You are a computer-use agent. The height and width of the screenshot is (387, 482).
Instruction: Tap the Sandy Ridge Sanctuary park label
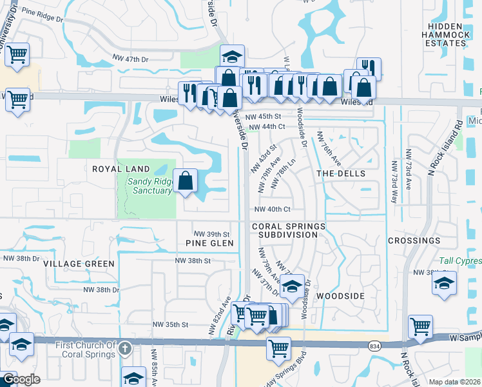[x=149, y=186]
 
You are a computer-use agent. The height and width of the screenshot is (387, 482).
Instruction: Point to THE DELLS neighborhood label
[x=341, y=174]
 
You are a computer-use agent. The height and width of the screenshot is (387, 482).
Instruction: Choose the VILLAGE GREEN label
[x=79, y=264]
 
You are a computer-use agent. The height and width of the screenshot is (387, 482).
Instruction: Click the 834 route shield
[x=375, y=346]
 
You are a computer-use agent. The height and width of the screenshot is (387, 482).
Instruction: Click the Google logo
[x=21, y=379]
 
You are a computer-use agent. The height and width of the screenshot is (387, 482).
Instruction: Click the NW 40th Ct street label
[x=273, y=210]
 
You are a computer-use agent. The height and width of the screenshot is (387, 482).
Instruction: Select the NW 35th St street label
[x=170, y=325]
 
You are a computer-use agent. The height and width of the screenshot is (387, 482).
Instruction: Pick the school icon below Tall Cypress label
[x=444, y=283]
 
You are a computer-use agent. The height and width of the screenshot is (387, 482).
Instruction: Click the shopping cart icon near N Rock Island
[x=420, y=326]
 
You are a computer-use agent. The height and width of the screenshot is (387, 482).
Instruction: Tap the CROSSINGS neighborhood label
[x=414, y=241]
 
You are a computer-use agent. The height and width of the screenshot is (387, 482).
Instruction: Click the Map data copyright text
[x=455, y=381]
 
